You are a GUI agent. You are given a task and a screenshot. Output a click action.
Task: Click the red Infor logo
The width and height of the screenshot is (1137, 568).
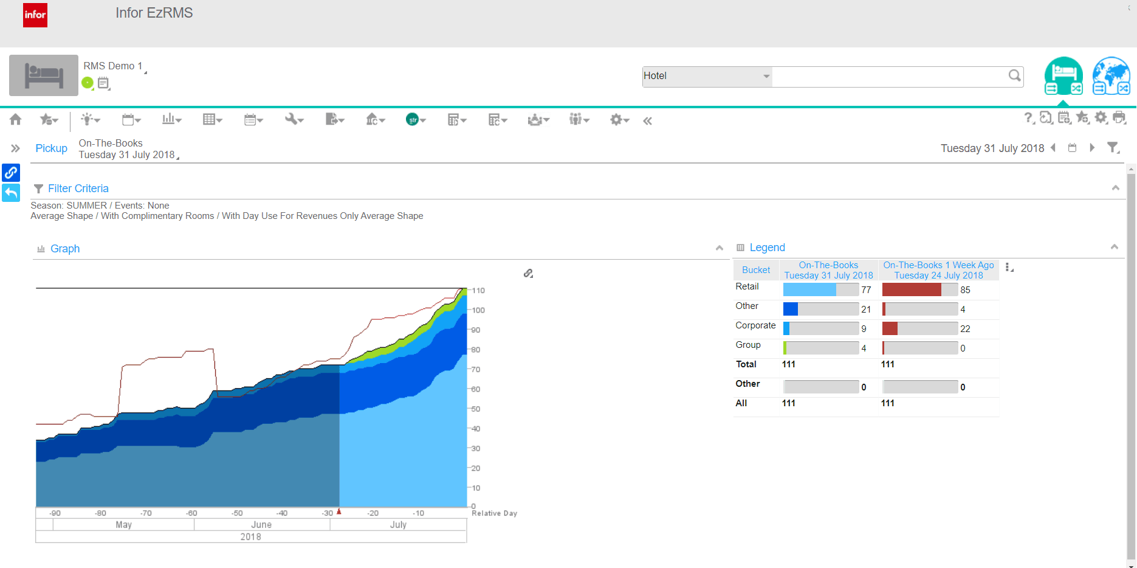coord(35,15)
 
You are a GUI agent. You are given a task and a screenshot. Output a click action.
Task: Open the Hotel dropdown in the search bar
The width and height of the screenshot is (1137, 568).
coord(766,76)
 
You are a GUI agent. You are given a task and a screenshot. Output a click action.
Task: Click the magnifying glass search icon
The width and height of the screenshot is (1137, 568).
coord(1014,75)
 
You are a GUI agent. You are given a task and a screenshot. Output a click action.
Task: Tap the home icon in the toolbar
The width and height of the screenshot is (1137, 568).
coord(16,120)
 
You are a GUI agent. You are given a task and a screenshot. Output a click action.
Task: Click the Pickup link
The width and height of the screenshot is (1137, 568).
coord(51,148)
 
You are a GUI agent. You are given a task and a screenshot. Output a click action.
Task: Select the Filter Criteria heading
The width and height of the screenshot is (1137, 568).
coord(78,189)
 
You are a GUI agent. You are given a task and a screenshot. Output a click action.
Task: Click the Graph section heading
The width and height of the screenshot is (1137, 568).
coord(64,249)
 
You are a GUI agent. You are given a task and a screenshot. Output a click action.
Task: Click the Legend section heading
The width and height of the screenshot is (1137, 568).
coord(767,248)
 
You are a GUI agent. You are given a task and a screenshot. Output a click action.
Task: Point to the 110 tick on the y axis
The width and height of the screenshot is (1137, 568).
coord(478,291)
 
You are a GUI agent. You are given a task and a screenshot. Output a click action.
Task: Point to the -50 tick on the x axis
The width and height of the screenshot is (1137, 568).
coord(237,513)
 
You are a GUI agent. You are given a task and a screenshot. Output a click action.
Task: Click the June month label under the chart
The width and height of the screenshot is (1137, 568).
coord(261,525)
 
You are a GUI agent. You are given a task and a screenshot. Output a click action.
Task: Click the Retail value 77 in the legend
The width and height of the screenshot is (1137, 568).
coord(866,290)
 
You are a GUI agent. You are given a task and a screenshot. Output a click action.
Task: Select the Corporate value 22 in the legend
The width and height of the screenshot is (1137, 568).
coord(965,329)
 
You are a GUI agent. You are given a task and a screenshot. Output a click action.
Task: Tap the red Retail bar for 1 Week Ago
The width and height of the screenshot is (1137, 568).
coord(912,290)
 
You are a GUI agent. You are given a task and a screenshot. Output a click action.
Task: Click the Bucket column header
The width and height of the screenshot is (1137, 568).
coord(756,270)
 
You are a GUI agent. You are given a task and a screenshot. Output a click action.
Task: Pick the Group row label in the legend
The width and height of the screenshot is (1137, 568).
coord(748,345)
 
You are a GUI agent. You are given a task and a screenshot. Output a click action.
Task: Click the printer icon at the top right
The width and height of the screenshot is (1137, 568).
coord(1119,118)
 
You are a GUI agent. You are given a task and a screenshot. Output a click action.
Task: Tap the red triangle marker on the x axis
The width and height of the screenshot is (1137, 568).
coord(339,511)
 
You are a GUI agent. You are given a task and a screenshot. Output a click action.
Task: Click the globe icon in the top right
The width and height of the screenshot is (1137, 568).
coord(1111,76)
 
